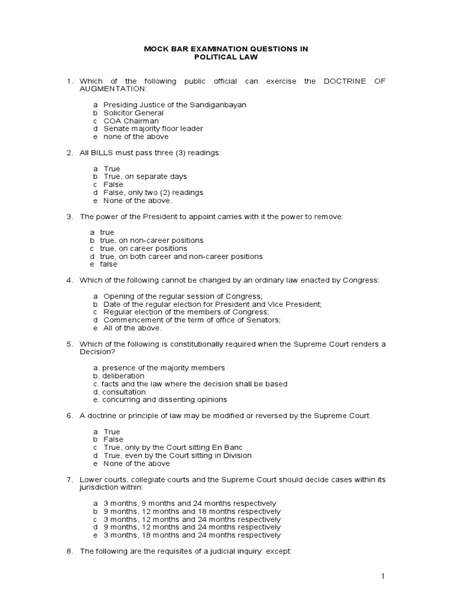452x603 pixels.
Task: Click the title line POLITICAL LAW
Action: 226,58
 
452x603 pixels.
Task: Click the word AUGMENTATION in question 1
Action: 112,89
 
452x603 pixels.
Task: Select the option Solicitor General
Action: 134,112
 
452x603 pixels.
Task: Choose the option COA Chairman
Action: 131,121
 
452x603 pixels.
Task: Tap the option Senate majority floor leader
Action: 153,128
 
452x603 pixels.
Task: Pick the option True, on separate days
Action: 145,177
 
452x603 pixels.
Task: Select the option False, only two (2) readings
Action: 153,193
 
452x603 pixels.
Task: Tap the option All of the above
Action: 132,328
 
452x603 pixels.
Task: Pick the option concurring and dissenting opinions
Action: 164,399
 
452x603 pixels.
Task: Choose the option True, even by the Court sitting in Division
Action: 177,455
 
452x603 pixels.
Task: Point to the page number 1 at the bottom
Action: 382,577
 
